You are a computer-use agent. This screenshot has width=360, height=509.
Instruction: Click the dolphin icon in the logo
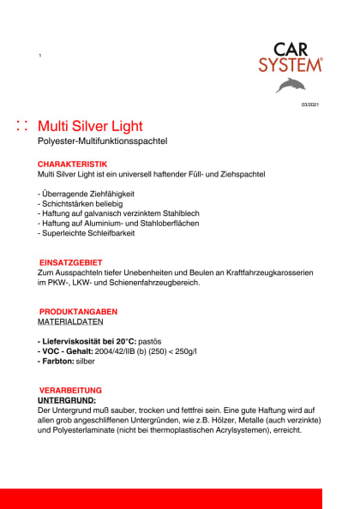pos(291,84)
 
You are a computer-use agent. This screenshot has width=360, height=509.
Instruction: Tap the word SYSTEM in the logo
pos(291,64)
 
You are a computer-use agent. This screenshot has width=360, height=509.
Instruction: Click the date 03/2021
pos(309,105)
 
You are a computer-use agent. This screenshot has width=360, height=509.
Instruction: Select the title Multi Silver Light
pos(91,127)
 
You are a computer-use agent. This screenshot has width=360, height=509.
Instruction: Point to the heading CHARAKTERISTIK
pos(72,164)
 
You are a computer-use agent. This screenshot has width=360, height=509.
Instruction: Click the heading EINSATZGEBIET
pos(71,262)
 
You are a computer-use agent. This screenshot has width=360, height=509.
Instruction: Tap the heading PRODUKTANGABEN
pos(77,311)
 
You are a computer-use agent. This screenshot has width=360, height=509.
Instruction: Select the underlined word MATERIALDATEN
pos(71,322)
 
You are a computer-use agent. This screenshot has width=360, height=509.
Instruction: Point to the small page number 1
pos(39,56)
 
